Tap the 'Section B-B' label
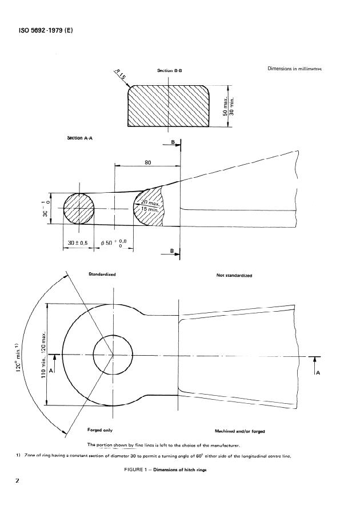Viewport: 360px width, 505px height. (x=169, y=70)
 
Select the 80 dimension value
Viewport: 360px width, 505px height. (x=147, y=162)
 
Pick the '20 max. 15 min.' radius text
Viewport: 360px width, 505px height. (x=150, y=206)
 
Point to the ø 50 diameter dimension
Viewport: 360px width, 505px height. (x=114, y=243)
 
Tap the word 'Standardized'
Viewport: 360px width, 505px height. (x=102, y=275)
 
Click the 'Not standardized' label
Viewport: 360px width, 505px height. (x=234, y=275)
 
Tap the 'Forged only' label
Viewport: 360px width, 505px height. (x=99, y=430)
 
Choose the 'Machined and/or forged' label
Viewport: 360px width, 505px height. (x=240, y=430)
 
